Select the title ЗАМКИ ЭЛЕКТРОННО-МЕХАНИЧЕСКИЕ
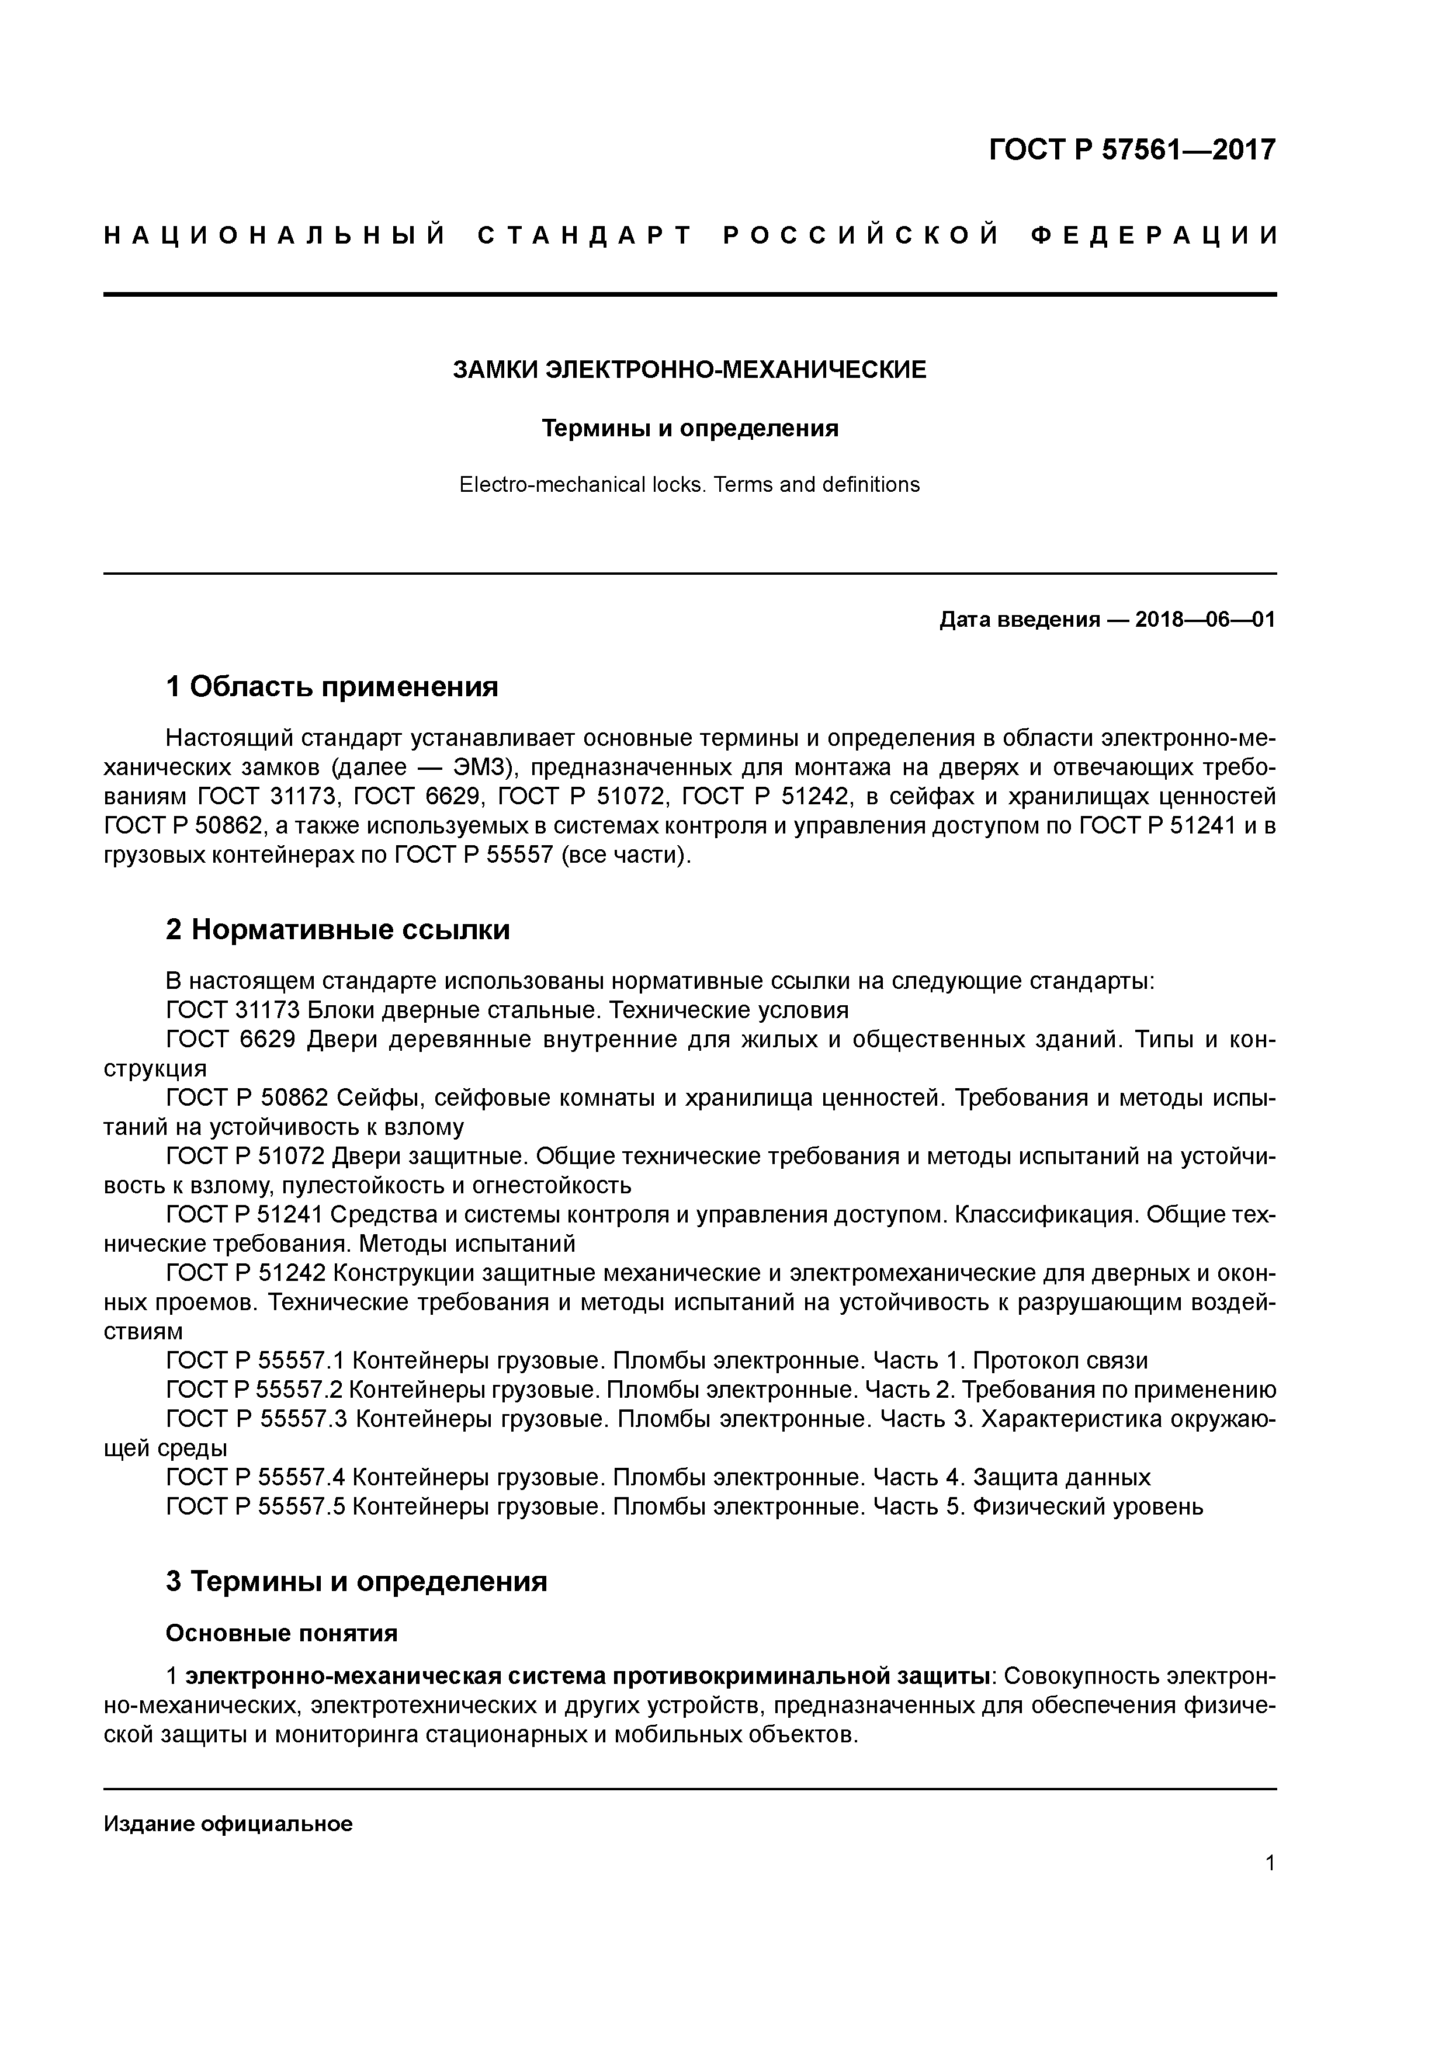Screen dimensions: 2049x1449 tap(689, 370)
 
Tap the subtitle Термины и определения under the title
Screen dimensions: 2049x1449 tap(689, 429)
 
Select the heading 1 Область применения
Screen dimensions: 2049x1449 tap(331, 687)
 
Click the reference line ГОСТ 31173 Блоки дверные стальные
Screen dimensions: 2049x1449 tap(507, 1010)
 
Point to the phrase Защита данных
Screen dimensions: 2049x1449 tap(1062, 1477)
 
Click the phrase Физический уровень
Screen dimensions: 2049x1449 tap(1087, 1506)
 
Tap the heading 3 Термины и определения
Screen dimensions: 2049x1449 tap(355, 1581)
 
